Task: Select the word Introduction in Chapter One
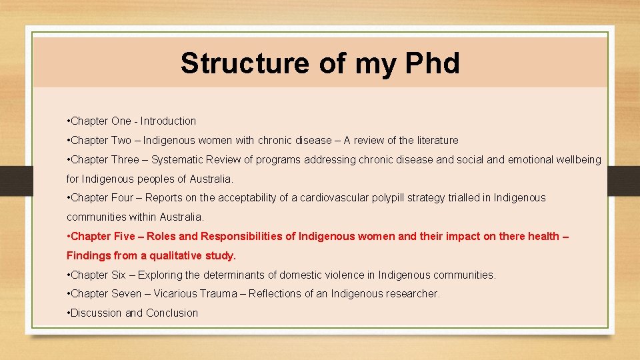[168, 121]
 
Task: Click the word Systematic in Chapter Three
[179, 160]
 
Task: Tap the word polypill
[401, 198]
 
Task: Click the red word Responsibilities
[248, 237]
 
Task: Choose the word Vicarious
[175, 294]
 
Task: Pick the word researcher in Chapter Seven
[413, 294]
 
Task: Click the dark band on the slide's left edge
[12, 179]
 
